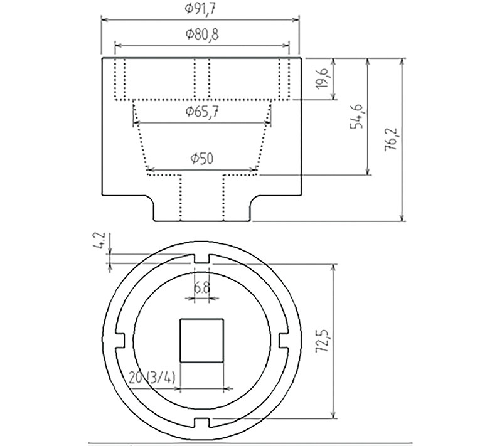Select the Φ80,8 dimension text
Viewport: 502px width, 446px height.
(202, 35)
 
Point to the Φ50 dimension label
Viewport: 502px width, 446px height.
(201, 159)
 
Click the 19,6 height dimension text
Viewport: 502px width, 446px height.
(322, 80)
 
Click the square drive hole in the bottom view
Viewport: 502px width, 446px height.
(201, 340)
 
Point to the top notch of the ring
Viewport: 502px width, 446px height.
(201, 258)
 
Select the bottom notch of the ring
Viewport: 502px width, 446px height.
(201, 422)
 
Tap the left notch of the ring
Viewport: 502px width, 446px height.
(120, 339)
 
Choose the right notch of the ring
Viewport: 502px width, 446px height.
(283, 339)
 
